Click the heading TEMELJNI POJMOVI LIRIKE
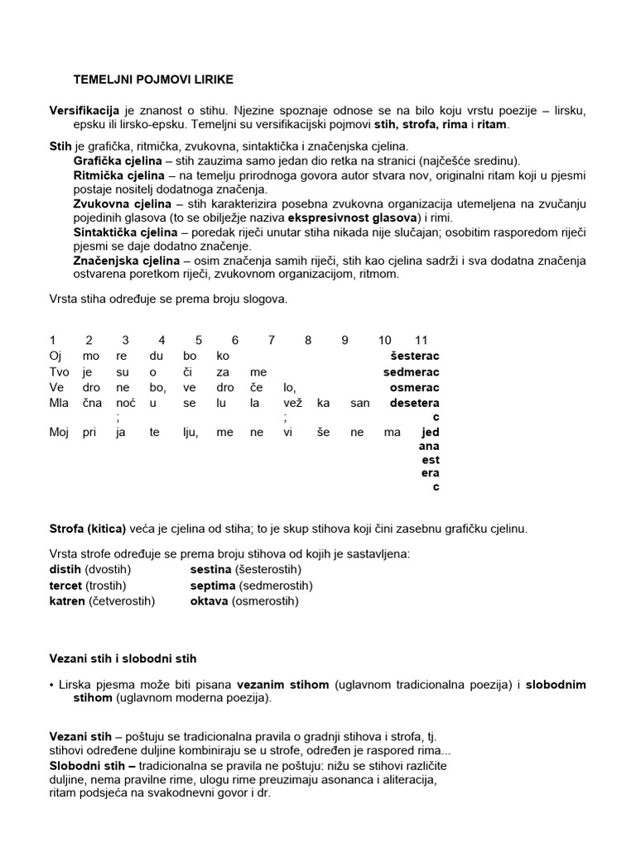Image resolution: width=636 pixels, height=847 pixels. point(153,79)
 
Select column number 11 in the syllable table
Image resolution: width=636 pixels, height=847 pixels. point(421,340)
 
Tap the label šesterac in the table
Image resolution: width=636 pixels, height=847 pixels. point(414,356)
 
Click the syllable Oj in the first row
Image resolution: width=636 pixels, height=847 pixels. point(55,356)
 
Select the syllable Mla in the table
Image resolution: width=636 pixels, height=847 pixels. point(58,403)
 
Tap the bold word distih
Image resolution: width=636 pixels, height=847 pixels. point(65,570)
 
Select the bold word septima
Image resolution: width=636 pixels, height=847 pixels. point(213,586)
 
